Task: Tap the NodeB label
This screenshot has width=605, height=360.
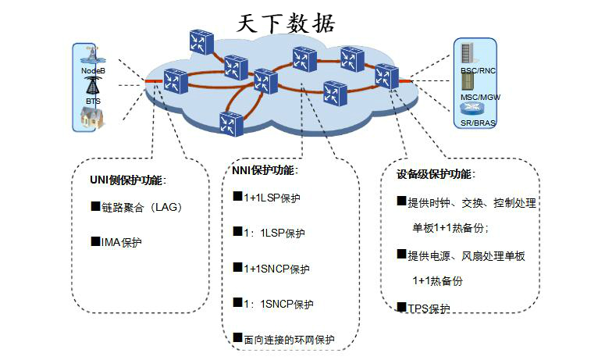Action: (x=94, y=71)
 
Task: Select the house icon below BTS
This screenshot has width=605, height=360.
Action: (x=92, y=118)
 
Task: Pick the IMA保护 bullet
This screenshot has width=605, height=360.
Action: (x=121, y=242)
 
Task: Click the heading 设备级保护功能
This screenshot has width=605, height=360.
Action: (x=436, y=173)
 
